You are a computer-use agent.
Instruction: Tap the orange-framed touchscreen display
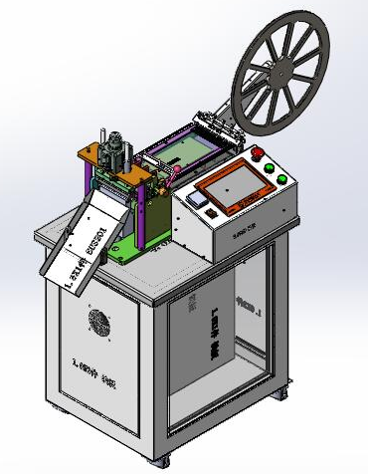point(228,185)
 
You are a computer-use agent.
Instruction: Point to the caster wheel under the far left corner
point(54,408)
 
